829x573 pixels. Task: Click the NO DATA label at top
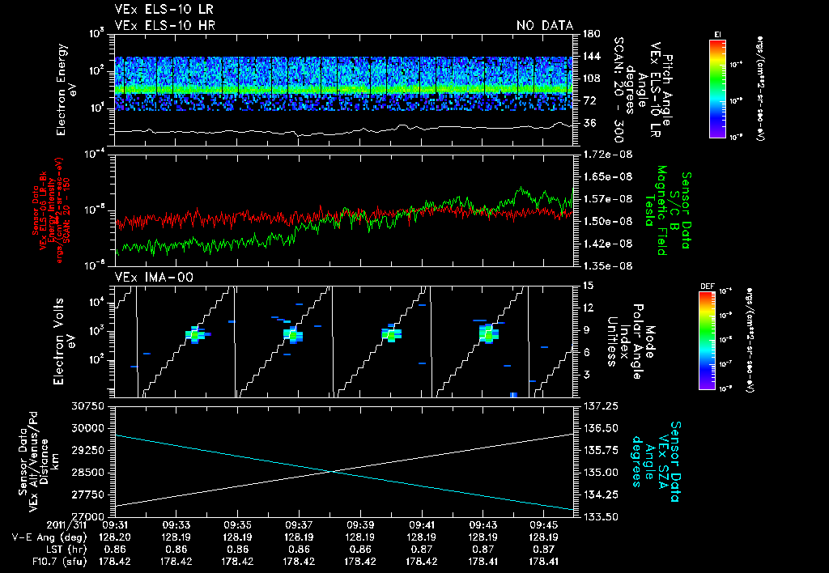544,26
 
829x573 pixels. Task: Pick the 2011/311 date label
75,524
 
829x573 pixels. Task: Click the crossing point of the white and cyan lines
332,471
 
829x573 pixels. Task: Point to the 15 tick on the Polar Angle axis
588,285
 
